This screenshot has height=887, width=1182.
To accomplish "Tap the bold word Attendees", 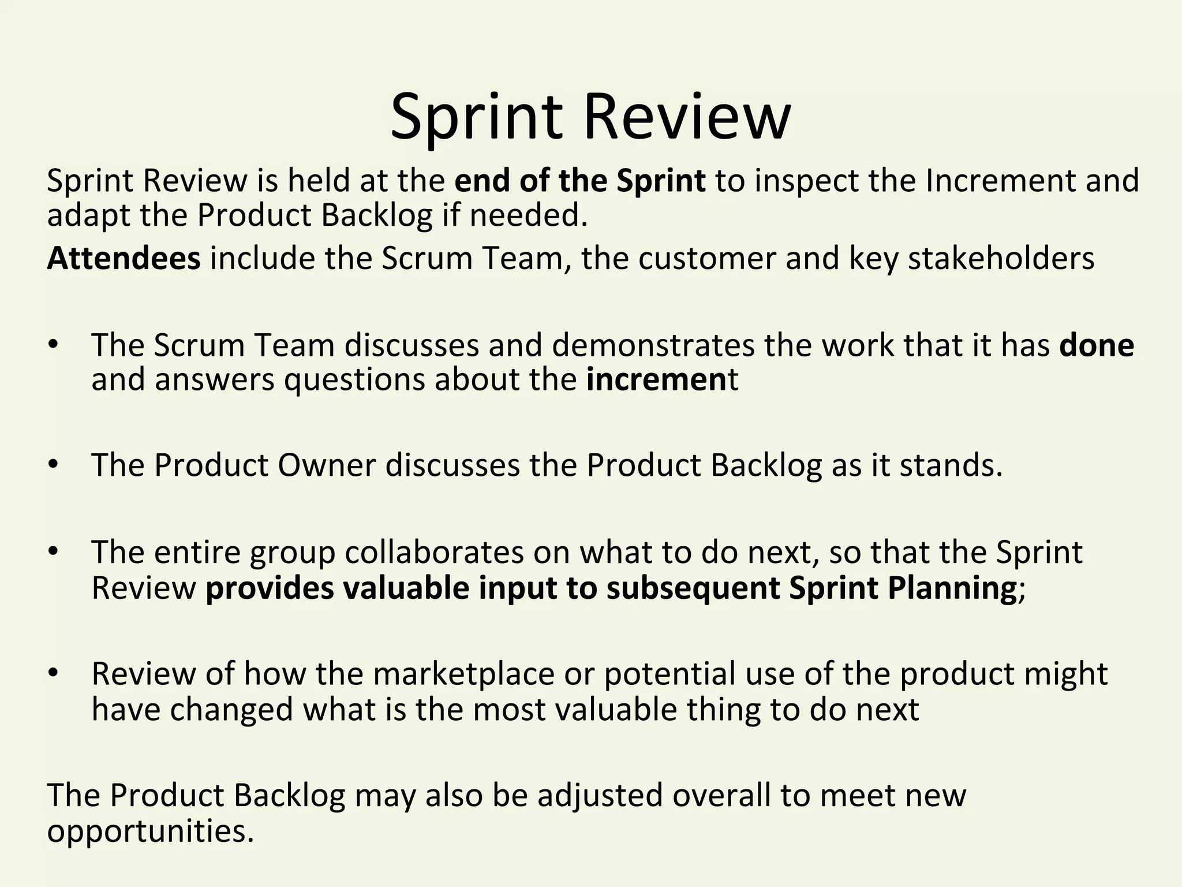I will (124, 258).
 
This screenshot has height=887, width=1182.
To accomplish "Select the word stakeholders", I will (1001, 258).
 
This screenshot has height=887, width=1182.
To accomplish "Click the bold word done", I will (1097, 345).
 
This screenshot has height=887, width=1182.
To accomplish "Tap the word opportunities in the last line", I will (150, 832).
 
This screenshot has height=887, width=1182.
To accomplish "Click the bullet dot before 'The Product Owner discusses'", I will (54, 465).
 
